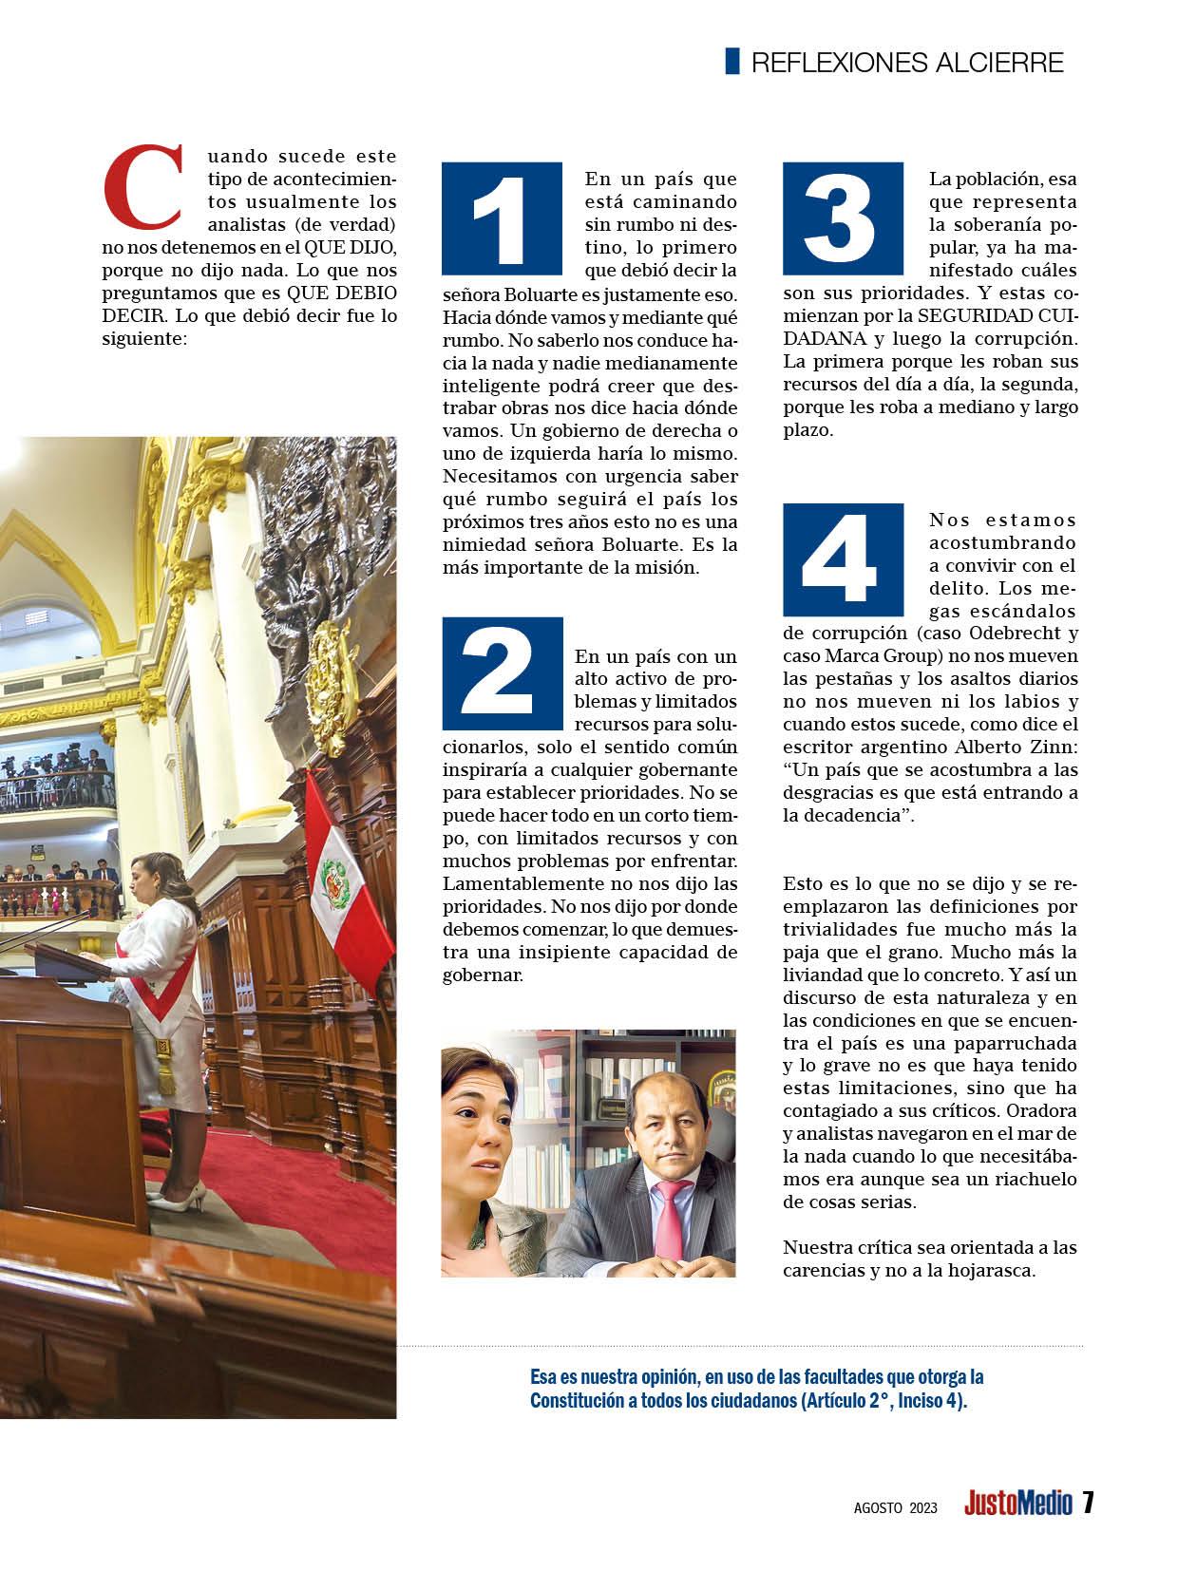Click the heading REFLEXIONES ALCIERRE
pyautogui.click(x=907, y=63)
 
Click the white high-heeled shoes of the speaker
pyautogui.click(x=180, y=1195)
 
